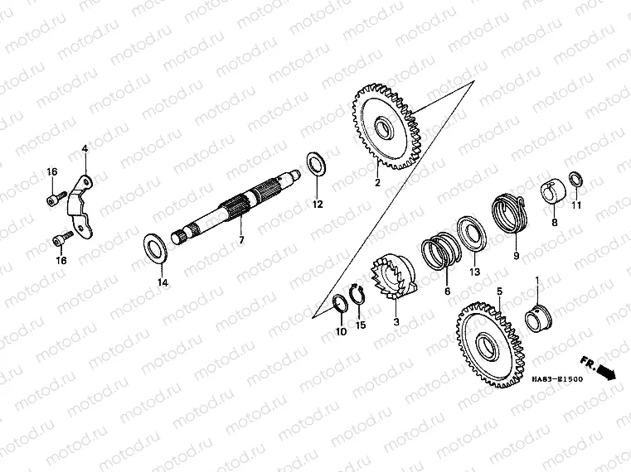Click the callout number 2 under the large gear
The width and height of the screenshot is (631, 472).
[x=376, y=183]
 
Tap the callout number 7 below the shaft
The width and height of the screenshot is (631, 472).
[x=241, y=240]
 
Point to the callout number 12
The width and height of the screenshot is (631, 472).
[x=317, y=203]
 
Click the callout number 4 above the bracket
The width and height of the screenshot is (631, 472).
[x=84, y=149]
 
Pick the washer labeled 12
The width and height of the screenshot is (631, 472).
[x=315, y=163]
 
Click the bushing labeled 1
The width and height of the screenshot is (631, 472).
[x=541, y=315]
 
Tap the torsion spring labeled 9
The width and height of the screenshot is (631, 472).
[x=507, y=212]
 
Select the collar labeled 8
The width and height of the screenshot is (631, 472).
[x=554, y=192]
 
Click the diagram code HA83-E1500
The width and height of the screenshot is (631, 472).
[x=557, y=379]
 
